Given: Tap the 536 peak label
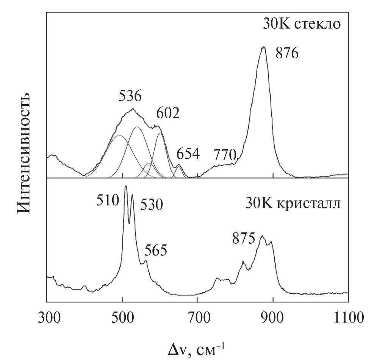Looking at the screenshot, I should pyautogui.click(x=130, y=97).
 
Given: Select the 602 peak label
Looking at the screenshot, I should pyautogui.click(x=167, y=113).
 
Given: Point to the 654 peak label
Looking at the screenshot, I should pyautogui.click(x=188, y=154).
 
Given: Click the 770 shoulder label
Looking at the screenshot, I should pyautogui.click(x=225, y=155).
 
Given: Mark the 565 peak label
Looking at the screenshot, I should pyautogui.click(x=156, y=250).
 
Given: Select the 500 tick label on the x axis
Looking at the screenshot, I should pyautogui.click(x=122, y=316).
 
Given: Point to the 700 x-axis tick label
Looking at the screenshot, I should pyautogui.click(x=197, y=316).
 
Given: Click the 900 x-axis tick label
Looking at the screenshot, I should pyautogui.click(x=273, y=316).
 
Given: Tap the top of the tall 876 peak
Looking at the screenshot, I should pyautogui.click(x=263, y=47).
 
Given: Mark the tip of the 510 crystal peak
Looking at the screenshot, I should pyautogui.click(x=126, y=186).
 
